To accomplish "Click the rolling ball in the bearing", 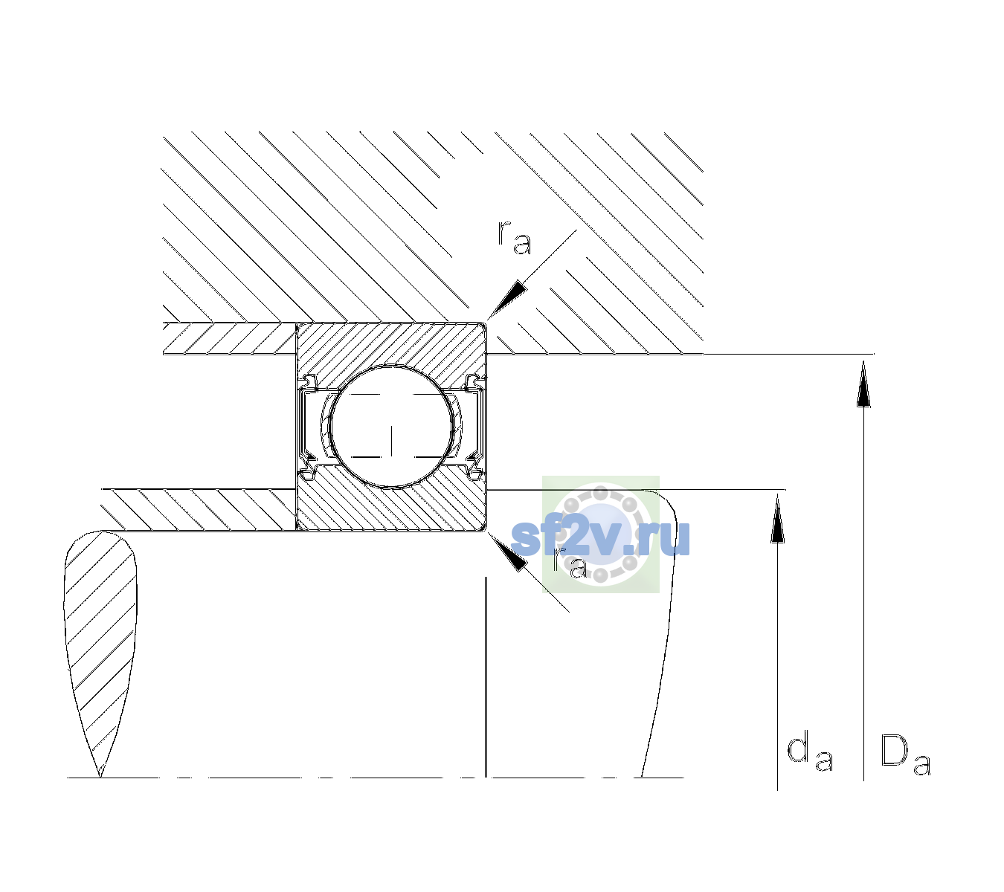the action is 391,427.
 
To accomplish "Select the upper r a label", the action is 515,238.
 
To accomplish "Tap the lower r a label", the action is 570,563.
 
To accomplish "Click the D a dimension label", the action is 905,754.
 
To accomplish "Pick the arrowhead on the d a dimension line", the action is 777,518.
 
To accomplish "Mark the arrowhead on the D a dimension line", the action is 863,384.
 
